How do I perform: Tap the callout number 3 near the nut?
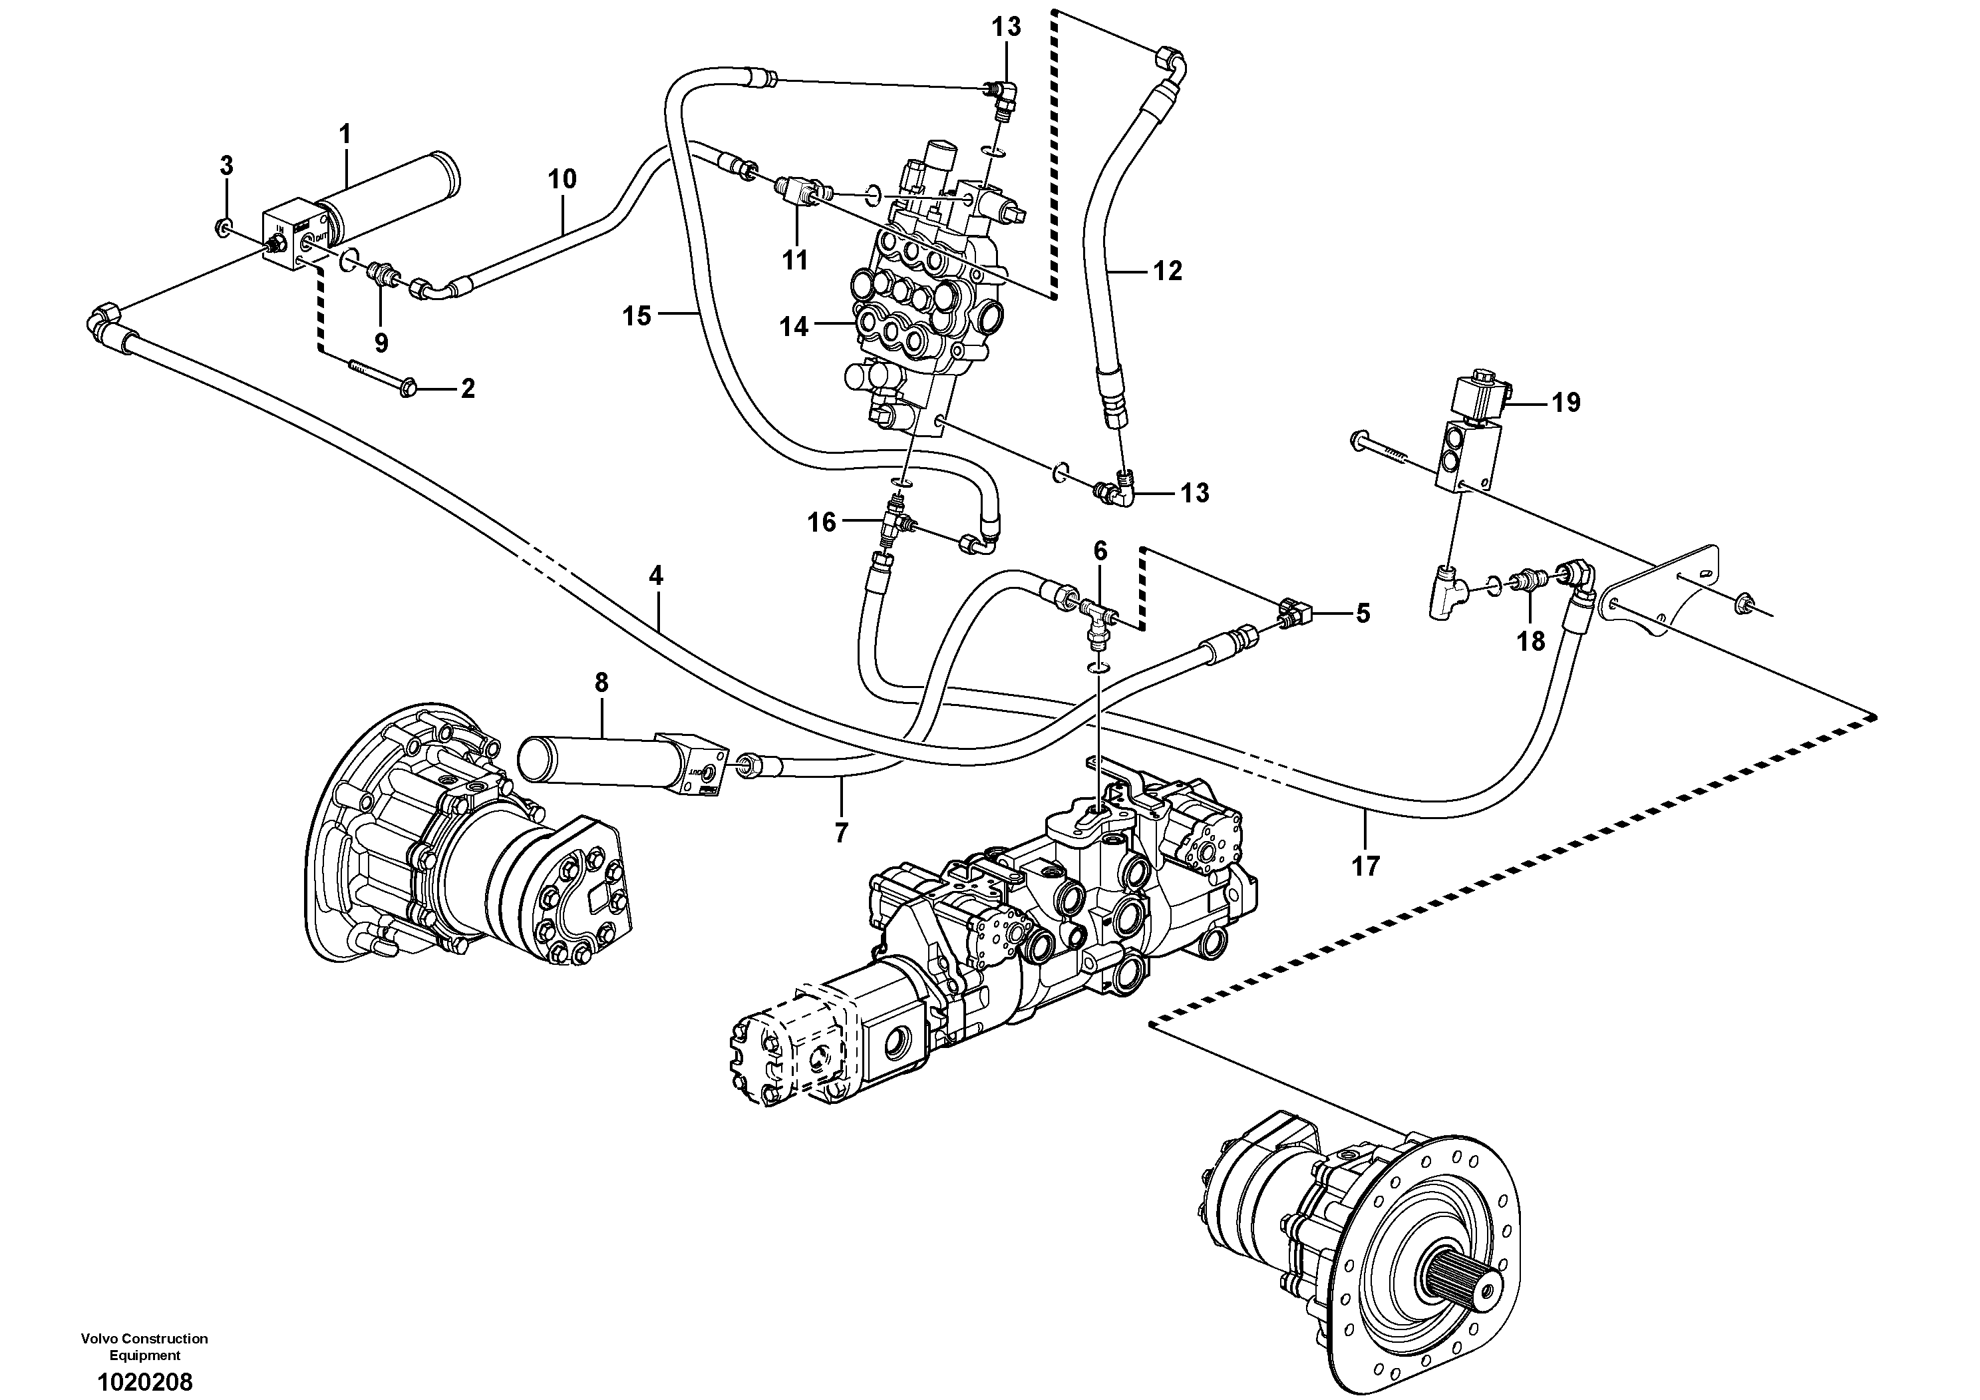(226, 165)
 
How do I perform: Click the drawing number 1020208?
(145, 1382)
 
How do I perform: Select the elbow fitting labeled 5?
(1293, 613)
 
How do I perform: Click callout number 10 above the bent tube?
(562, 180)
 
